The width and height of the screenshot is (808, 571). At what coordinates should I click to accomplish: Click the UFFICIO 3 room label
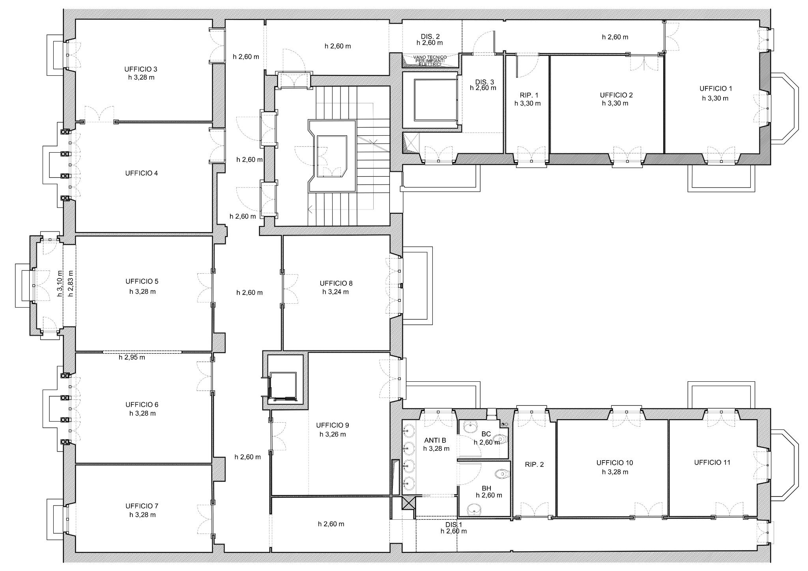pyautogui.click(x=140, y=69)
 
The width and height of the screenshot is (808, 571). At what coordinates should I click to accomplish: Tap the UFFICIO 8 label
pyautogui.click(x=336, y=283)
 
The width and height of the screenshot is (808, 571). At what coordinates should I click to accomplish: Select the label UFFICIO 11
pyautogui.click(x=712, y=463)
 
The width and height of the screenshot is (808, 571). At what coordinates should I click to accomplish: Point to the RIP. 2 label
pyautogui.click(x=534, y=465)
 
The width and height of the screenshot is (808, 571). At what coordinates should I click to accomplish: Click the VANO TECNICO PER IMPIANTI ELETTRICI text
pyautogui.click(x=430, y=61)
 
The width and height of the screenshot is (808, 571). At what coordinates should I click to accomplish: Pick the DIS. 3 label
pyautogui.click(x=484, y=82)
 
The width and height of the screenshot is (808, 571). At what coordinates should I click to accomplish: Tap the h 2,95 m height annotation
pyautogui.click(x=132, y=357)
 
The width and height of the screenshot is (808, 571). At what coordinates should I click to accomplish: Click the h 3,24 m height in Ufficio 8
pyautogui.click(x=335, y=292)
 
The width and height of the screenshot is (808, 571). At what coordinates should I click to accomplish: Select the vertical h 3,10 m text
pyautogui.click(x=60, y=284)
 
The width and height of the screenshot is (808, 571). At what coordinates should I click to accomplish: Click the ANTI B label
pyautogui.click(x=435, y=440)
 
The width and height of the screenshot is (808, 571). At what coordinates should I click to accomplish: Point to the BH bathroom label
pyautogui.click(x=486, y=488)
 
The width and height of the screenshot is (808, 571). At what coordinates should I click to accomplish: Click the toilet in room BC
pyautogui.click(x=501, y=439)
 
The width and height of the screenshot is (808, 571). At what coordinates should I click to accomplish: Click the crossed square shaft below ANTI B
pyautogui.click(x=409, y=503)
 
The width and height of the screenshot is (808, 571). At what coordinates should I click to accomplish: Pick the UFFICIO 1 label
pyautogui.click(x=716, y=89)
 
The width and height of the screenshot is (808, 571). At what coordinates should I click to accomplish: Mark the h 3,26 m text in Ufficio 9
pyautogui.click(x=333, y=434)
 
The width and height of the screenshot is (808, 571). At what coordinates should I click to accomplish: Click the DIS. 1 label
pyautogui.click(x=454, y=525)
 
